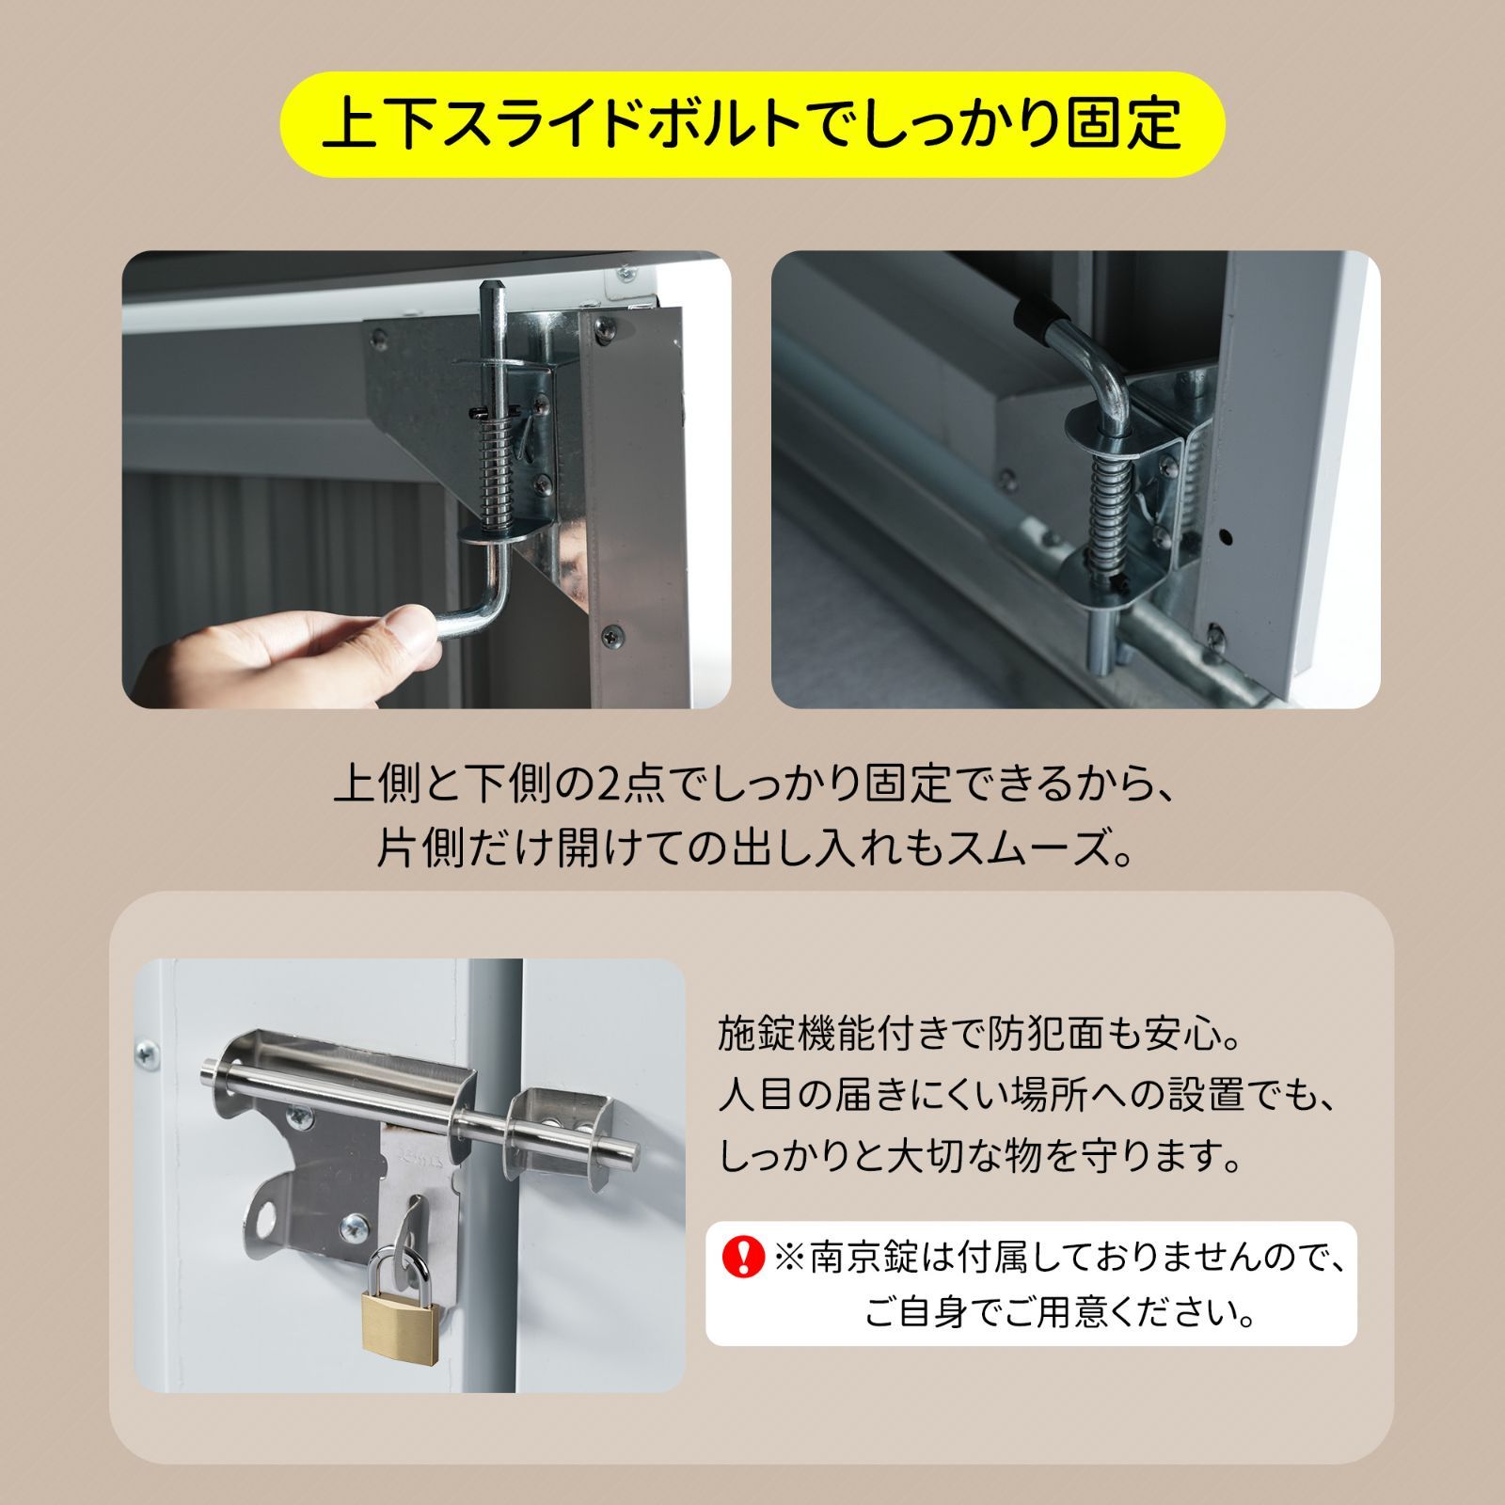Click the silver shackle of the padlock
pyautogui.click(x=398, y=1265)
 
